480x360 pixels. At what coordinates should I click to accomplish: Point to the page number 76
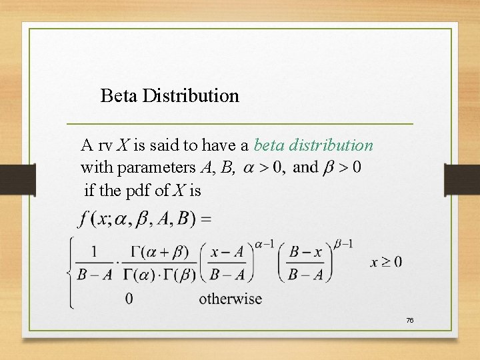[410, 321]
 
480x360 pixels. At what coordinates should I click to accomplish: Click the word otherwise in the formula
[230, 299]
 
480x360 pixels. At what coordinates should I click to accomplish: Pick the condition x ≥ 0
[386, 262]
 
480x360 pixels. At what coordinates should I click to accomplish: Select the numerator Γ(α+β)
[160, 251]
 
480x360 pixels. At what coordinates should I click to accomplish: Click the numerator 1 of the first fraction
[94, 251]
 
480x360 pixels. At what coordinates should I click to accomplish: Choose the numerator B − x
[306, 251]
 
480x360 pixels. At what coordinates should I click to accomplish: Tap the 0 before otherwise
[129, 299]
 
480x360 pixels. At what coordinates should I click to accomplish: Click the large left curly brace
[71, 273]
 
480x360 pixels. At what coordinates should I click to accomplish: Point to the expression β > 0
[342, 167]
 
